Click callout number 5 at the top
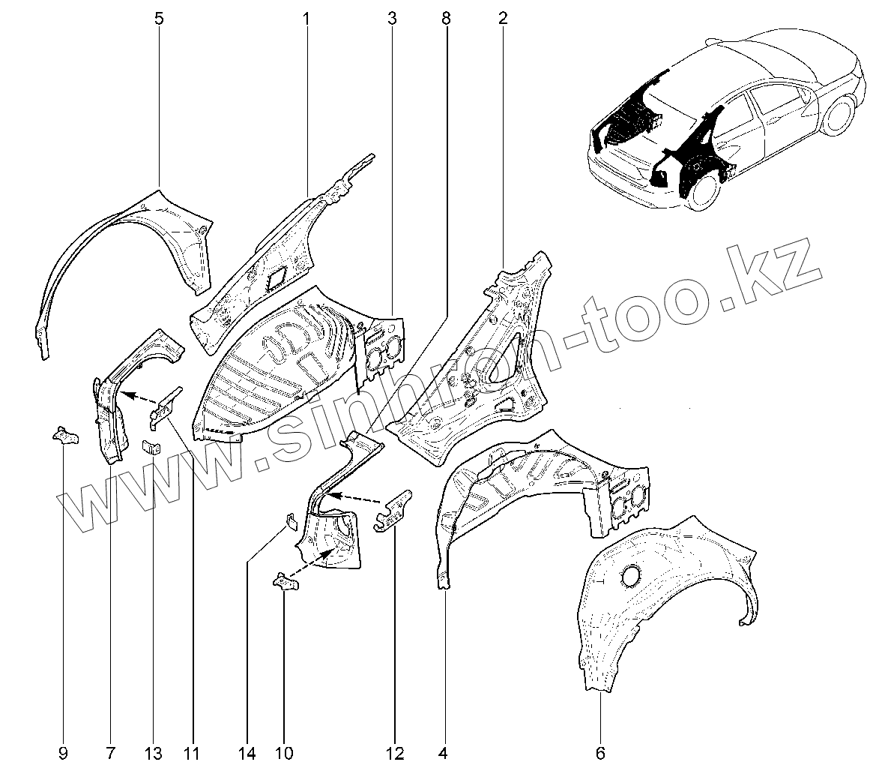[159, 19]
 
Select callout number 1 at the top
[306, 19]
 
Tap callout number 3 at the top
[391, 19]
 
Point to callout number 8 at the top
[446, 19]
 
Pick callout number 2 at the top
[502, 19]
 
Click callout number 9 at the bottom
[63, 751]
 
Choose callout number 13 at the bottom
[154, 751]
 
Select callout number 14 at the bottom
[247, 751]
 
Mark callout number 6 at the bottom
[600, 751]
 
